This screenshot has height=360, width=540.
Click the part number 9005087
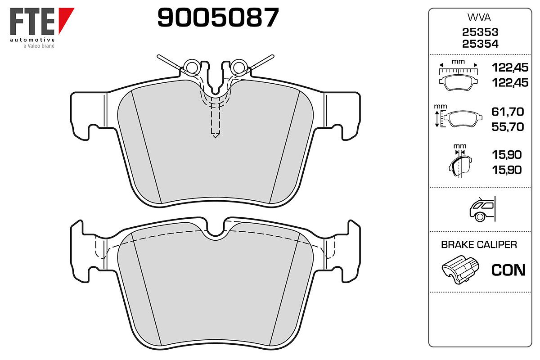click(218, 17)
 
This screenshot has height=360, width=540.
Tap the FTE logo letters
click(32, 22)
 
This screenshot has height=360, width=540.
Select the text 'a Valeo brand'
click(39, 46)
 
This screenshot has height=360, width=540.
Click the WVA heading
click(479, 18)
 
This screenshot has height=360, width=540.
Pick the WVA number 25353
click(480, 32)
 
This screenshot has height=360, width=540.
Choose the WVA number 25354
click(480, 44)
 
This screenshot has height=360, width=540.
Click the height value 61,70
click(508, 112)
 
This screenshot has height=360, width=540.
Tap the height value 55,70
click(508, 127)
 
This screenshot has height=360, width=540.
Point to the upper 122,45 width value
click(510, 67)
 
